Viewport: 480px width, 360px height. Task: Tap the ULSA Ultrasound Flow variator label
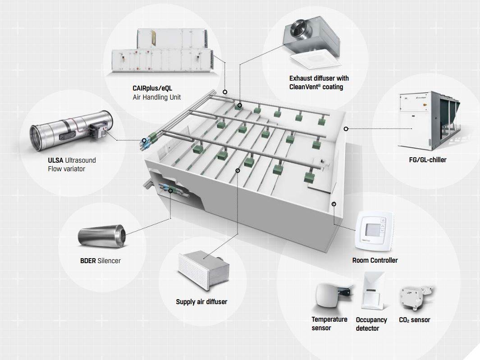click(x=72, y=164)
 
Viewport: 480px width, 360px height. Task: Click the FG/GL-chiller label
click(x=425, y=159)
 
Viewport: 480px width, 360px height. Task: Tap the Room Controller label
click(x=375, y=260)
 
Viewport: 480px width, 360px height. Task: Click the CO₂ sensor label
click(x=415, y=320)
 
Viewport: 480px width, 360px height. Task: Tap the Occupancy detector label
click(x=371, y=324)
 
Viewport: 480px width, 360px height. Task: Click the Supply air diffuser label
click(x=201, y=301)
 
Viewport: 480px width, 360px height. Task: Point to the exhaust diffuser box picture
click(x=311, y=43)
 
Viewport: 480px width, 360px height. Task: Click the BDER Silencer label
click(x=101, y=260)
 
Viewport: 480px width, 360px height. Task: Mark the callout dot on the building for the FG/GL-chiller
click(x=346, y=129)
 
